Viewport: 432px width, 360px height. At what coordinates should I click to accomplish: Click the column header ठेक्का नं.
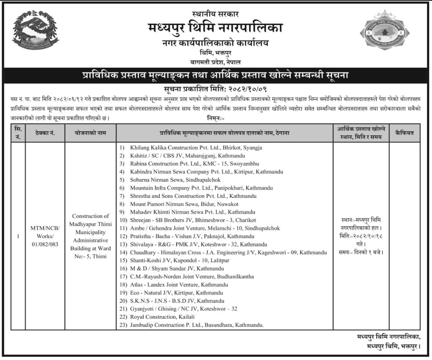pyautogui.click(x=45, y=133)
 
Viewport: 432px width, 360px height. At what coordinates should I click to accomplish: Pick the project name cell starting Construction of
pyautogui.click(x=91, y=236)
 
